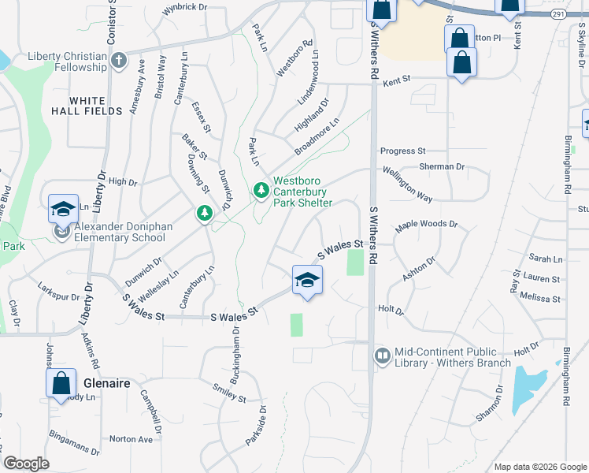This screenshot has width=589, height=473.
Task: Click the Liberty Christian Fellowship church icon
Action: (118, 61)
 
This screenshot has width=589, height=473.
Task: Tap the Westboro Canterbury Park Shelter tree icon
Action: (261, 190)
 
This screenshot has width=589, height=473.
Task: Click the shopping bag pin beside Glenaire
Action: (61, 384)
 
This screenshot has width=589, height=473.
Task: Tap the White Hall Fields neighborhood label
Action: (96, 106)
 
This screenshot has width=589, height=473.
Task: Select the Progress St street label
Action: (402, 151)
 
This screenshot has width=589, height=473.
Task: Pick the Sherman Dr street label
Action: (442, 167)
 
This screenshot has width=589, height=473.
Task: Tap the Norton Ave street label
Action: (131, 439)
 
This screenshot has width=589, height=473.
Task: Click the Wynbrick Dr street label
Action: (184, 7)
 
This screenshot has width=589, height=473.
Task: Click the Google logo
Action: (26, 464)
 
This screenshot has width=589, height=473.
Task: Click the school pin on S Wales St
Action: (307, 280)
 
